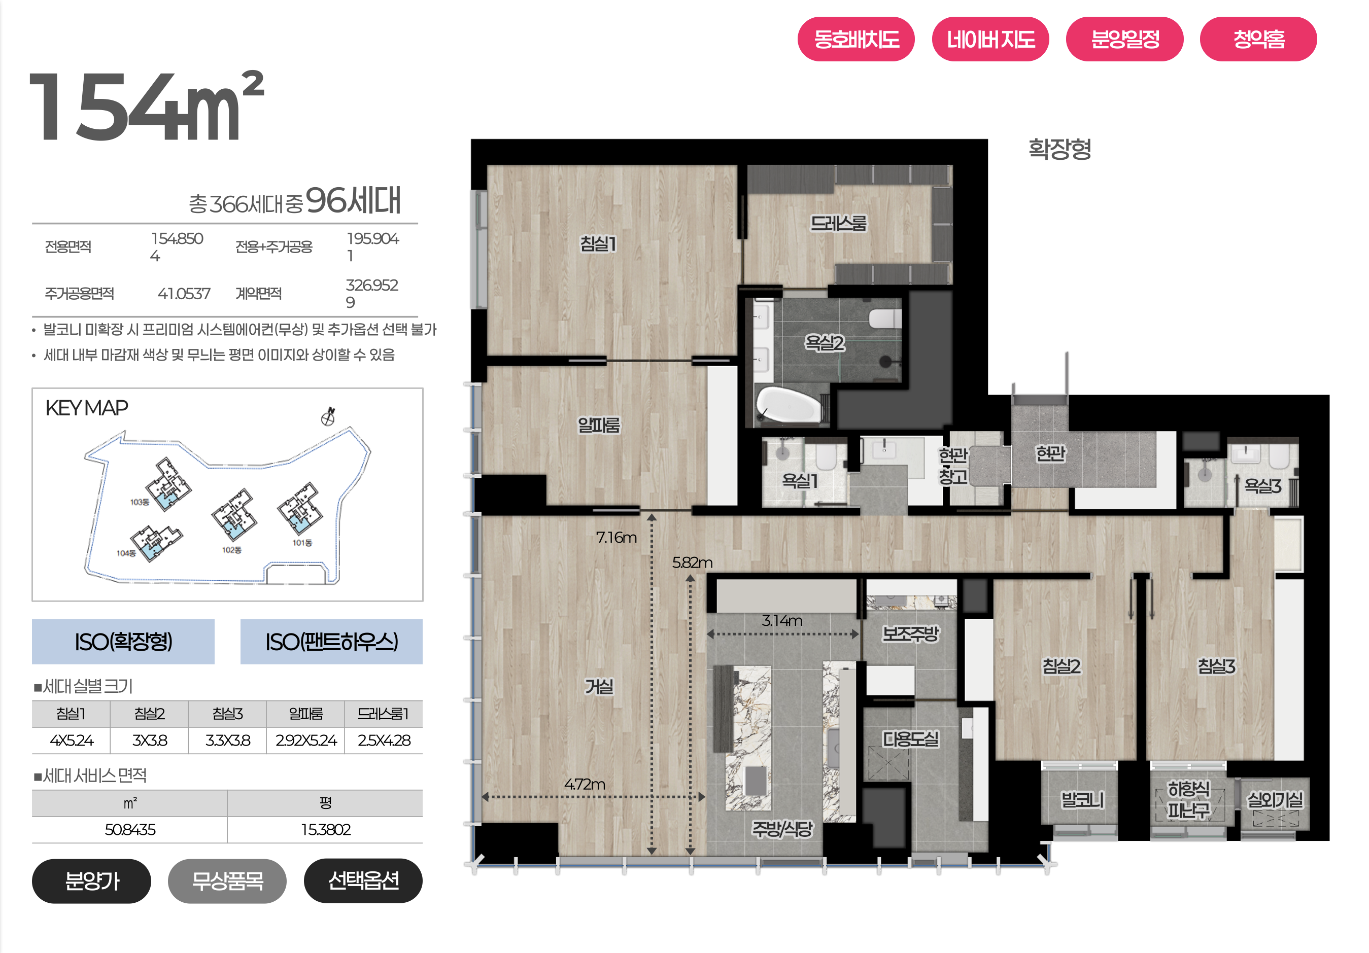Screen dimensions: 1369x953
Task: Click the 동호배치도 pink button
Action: coord(855,40)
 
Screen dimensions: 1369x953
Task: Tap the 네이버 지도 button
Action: coord(990,40)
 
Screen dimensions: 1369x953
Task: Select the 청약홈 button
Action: coord(1258,40)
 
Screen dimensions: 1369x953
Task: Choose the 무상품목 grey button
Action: coord(227,880)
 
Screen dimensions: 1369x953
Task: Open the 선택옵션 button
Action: coord(363,880)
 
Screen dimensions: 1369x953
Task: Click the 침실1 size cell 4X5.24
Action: coord(72,740)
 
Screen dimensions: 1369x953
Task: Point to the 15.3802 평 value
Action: coord(326,829)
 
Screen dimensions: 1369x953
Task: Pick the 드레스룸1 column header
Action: coord(384,714)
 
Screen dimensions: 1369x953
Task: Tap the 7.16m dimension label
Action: coord(617,538)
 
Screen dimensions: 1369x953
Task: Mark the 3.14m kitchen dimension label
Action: coord(782,620)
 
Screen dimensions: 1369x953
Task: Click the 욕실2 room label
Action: coord(825,343)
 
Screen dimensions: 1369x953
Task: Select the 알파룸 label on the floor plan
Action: coord(599,425)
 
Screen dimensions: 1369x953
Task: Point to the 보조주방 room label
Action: coord(910,633)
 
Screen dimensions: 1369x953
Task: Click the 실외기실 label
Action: coord(1276,799)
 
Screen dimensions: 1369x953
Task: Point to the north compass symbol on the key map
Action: coord(328,416)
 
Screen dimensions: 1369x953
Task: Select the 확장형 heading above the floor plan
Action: coord(1059,149)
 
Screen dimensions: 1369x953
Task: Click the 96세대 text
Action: coord(353,200)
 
